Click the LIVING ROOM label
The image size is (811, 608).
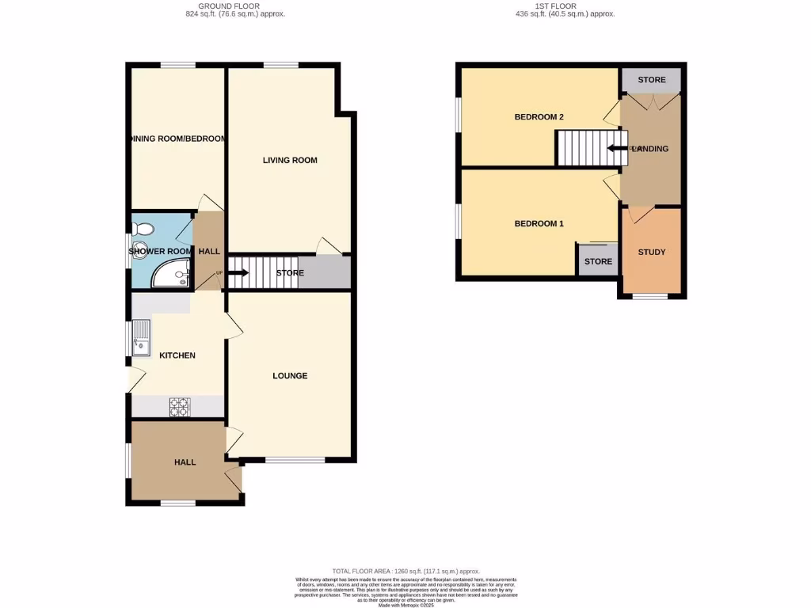(x=290, y=161)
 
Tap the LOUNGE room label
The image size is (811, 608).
(x=290, y=375)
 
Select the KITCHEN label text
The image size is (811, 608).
(x=177, y=355)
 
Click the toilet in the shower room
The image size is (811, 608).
(x=143, y=230)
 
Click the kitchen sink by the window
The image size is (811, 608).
(x=141, y=337)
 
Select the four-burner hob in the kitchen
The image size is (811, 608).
(x=180, y=406)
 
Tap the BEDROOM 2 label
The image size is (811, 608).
(x=539, y=117)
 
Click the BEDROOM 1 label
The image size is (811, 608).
(x=539, y=223)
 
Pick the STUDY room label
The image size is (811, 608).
(x=652, y=253)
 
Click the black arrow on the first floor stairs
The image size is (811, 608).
(x=618, y=148)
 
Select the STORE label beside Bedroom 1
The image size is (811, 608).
(x=598, y=261)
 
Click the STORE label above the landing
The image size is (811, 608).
(x=652, y=80)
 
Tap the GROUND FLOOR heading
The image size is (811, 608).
(x=235, y=6)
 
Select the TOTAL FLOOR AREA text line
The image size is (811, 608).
(x=405, y=572)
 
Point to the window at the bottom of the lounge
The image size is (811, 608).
(x=295, y=459)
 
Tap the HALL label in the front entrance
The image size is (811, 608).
(x=185, y=462)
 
